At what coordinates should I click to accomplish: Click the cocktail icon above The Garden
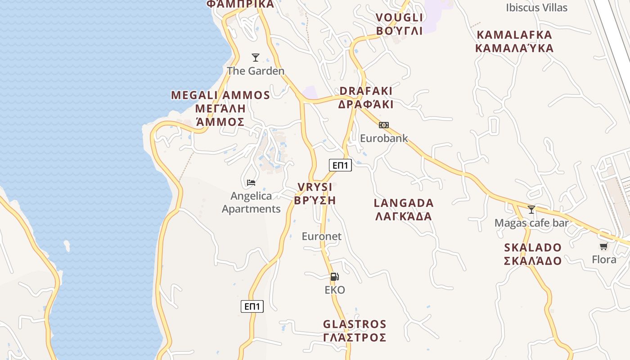click(x=256, y=58)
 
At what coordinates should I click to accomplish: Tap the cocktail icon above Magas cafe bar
click(x=531, y=210)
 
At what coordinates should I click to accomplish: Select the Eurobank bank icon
click(x=383, y=125)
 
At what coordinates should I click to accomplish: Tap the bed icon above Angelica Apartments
click(x=251, y=183)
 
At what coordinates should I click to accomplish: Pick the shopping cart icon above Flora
click(x=604, y=246)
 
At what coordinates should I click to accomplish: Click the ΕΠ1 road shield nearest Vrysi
click(x=340, y=165)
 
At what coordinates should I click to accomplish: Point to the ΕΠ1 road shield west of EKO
click(x=252, y=306)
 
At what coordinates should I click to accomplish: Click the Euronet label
click(x=321, y=236)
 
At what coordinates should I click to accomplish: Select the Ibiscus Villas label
click(x=536, y=8)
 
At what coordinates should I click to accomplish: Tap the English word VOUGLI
click(x=399, y=18)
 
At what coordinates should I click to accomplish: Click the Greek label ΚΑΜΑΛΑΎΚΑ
click(x=514, y=48)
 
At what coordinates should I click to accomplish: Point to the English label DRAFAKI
click(x=366, y=91)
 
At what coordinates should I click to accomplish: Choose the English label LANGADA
click(x=404, y=203)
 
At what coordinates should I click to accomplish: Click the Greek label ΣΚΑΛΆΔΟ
click(x=533, y=261)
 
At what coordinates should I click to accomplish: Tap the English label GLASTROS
click(x=355, y=324)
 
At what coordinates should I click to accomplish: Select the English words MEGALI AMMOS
click(x=220, y=95)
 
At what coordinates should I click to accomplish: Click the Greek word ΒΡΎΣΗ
click(x=315, y=200)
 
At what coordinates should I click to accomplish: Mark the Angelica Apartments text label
click(x=251, y=202)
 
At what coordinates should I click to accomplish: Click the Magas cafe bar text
click(x=531, y=223)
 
